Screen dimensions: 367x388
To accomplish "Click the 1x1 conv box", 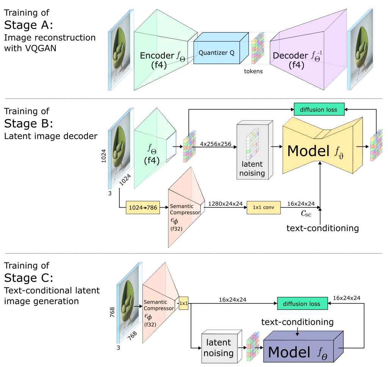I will [264, 207].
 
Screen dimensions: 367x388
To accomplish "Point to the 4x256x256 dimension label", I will [216, 144].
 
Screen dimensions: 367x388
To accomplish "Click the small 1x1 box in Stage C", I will [183, 303].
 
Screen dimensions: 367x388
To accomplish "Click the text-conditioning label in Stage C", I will [297, 322].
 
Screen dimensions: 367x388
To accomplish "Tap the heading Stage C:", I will [29, 278].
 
